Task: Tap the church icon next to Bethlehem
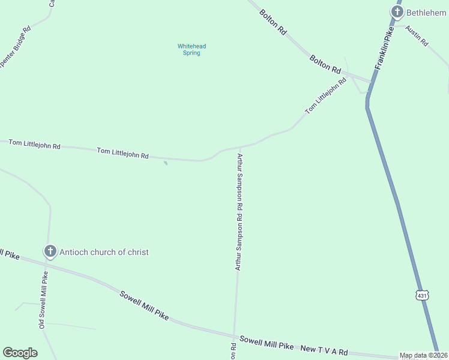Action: pyautogui.click(x=397, y=11)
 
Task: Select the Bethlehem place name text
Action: pyautogui.click(x=427, y=12)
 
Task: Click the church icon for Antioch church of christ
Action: pyautogui.click(x=50, y=251)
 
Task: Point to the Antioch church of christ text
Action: pyautogui.click(x=104, y=252)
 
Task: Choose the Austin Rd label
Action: pyautogui.click(x=416, y=35)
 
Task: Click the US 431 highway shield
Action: pyautogui.click(x=423, y=295)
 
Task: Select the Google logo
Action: pyautogui.click(x=20, y=353)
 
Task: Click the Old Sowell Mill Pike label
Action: pyautogui.click(x=43, y=299)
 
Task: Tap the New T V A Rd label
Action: pyautogui.click(x=324, y=349)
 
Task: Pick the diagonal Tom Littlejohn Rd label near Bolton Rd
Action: pyautogui.click(x=325, y=96)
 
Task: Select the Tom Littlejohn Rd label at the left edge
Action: pyautogui.click(x=35, y=146)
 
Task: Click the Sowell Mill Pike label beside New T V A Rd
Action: pyautogui.click(x=267, y=343)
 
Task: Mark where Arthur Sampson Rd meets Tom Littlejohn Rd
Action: pyautogui.click(x=240, y=146)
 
